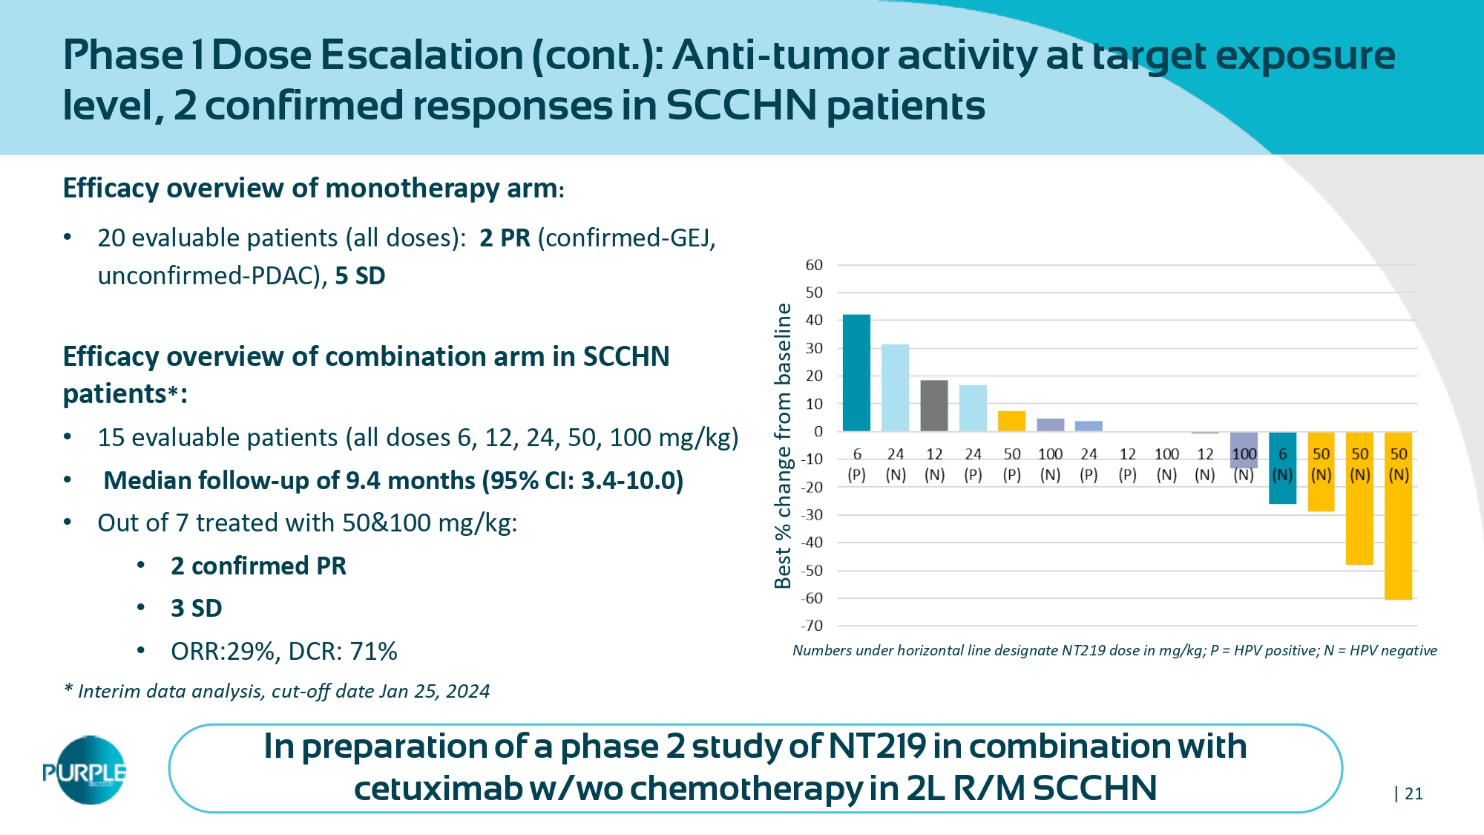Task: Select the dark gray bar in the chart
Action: (x=933, y=405)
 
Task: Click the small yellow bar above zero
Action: (x=1011, y=421)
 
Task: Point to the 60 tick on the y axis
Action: (x=814, y=265)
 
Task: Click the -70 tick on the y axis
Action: (x=812, y=626)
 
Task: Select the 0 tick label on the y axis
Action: (x=818, y=431)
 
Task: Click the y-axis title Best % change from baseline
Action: (x=783, y=445)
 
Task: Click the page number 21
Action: (x=1414, y=793)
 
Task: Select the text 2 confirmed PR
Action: (x=258, y=566)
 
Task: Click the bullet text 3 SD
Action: (x=196, y=608)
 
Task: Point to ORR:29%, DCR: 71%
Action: (x=283, y=651)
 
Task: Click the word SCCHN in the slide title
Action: (x=741, y=105)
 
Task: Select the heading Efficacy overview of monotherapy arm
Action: (x=310, y=188)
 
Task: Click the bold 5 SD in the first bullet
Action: (x=360, y=275)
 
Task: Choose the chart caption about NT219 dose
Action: (x=1114, y=650)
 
